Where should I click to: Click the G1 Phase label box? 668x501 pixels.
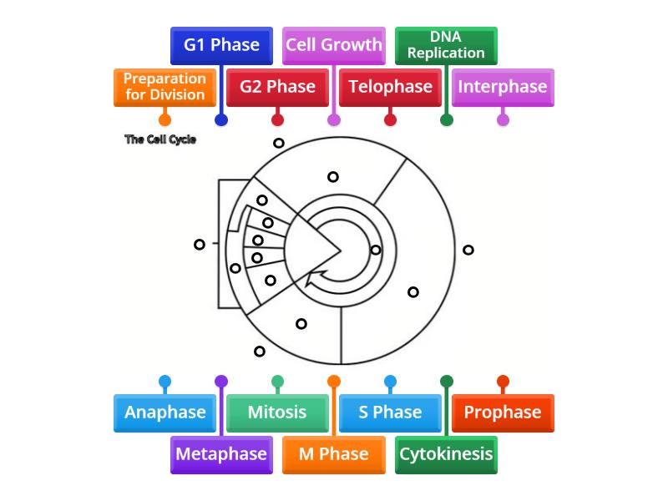[221, 45]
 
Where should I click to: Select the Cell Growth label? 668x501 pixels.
[334, 45]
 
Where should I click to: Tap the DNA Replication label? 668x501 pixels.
[446, 45]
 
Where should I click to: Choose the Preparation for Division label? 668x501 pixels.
[164, 87]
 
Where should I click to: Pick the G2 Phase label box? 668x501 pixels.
[277, 87]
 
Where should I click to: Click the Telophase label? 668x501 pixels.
[390, 87]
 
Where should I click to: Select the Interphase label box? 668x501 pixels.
[503, 87]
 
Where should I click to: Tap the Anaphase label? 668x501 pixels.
[164, 412]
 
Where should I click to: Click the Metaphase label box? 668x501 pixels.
[221, 454]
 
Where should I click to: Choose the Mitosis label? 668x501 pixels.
[277, 412]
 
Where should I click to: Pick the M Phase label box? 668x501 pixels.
[334, 454]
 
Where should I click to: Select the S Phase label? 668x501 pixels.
[390, 412]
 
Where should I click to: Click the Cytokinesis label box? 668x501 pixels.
[446, 454]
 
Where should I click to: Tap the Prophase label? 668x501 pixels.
[503, 412]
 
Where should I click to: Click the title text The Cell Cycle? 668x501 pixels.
[160, 139]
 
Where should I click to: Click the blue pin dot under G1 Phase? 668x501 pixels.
[221, 119]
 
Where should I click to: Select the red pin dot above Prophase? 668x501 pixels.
[503, 382]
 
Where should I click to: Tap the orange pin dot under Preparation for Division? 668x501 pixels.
[164, 119]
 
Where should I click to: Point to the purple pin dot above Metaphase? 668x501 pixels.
[221, 382]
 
